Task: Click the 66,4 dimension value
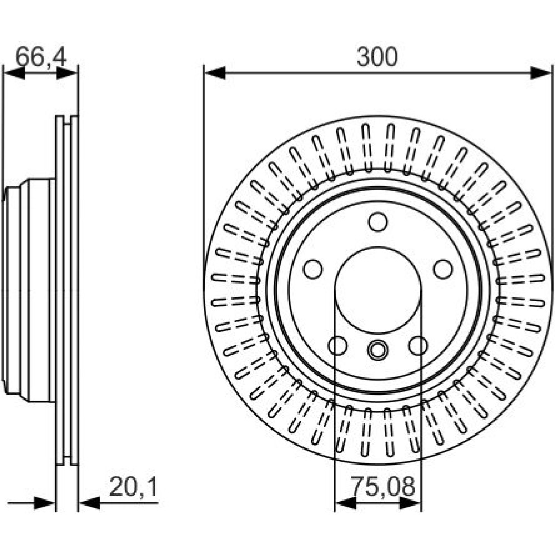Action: tap(41, 57)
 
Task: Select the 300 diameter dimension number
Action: tap(377, 57)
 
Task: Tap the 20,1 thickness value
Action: tap(133, 487)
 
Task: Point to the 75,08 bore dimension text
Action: tap(383, 486)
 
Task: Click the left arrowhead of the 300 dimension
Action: tap(215, 73)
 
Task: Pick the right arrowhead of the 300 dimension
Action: tap(541, 73)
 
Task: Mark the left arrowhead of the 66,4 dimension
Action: tap(14, 73)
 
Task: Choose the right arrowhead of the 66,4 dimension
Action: tap(67, 73)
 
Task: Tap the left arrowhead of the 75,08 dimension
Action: tap(346, 503)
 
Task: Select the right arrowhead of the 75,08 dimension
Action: tap(411, 503)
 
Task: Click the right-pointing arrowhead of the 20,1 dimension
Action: tap(44, 503)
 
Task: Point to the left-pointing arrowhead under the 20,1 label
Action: tap(89, 503)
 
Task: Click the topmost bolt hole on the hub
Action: tap(377, 222)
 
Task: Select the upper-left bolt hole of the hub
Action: tap(313, 269)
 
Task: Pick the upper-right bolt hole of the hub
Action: tap(443, 269)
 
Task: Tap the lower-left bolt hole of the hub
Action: tap(337, 345)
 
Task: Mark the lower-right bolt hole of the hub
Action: tap(418, 345)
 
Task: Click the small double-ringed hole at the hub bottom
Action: tap(378, 350)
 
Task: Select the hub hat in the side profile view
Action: tap(29, 290)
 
